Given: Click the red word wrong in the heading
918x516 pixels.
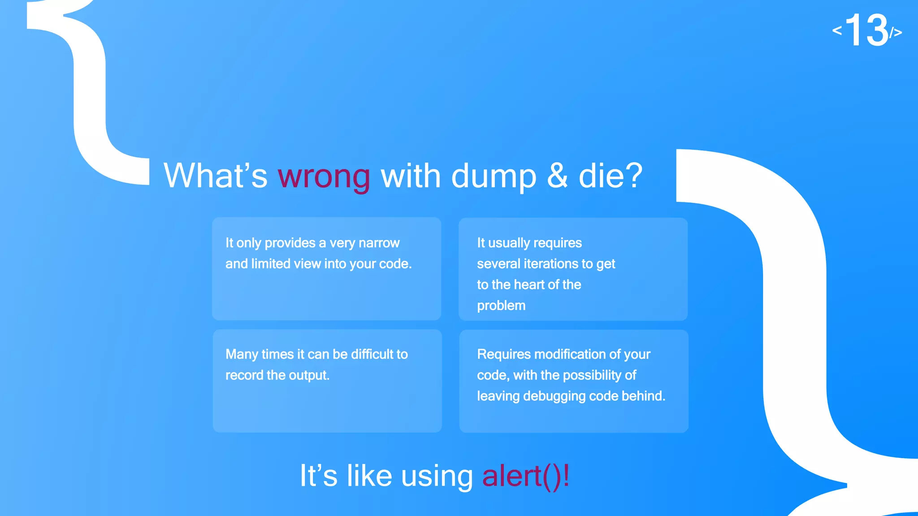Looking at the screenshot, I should tap(324, 176).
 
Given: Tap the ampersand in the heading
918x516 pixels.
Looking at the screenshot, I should tap(557, 176).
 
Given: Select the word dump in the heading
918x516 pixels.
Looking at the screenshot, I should tap(494, 176).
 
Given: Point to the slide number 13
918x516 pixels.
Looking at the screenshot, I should tap(866, 30).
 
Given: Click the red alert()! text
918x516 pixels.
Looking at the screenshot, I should tap(526, 476).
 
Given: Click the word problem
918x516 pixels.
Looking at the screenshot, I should tap(501, 305).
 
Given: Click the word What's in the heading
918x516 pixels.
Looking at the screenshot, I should tap(215, 176).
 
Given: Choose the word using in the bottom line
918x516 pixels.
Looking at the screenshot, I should tap(437, 476).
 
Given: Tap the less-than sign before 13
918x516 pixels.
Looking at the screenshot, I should tap(837, 30).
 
